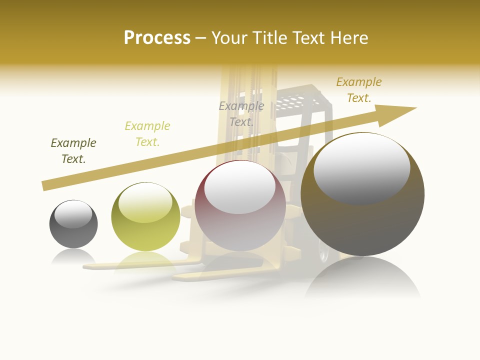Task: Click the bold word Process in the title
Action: click(x=157, y=37)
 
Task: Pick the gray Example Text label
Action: click(x=241, y=114)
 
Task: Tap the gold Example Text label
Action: click(x=358, y=90)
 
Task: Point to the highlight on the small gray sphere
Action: click(x=73, y=214)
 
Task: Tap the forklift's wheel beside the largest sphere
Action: click(x=324, y=252)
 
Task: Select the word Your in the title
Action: click(x=227, y=37)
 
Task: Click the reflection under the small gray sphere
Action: click(x=73, y=256)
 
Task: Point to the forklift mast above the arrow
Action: click(x=247, y=85)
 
